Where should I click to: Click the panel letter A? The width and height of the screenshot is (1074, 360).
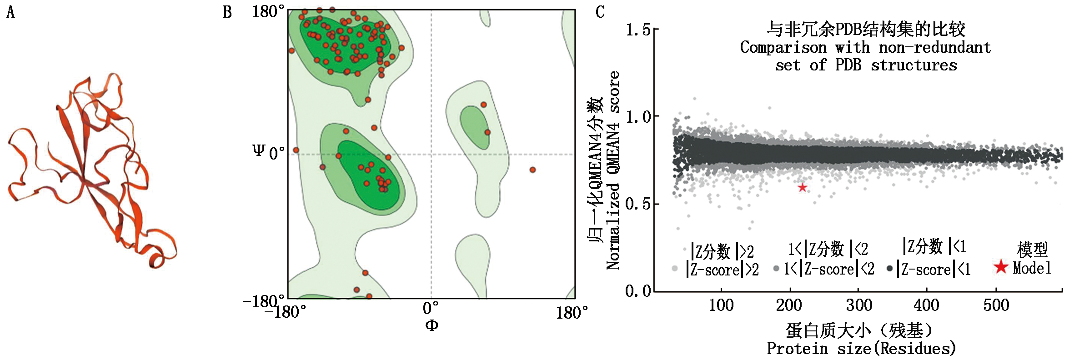[x=10, y=12]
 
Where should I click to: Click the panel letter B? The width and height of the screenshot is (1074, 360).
[x=227, y=12]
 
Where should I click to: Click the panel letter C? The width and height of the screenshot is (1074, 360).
[x=600, y=12]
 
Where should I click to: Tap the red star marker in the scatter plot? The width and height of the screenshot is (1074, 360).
[x=803, y=187]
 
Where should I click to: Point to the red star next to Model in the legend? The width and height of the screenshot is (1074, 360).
[x=1001, y=267]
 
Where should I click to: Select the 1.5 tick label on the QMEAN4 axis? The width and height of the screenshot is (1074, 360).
[x=637, y=30]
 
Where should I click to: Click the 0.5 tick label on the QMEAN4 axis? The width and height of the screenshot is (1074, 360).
[x=637, y=204]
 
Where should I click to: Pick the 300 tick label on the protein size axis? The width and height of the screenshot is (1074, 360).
[x=858, y=305]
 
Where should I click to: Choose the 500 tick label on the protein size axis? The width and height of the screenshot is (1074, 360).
[x=996, y=305]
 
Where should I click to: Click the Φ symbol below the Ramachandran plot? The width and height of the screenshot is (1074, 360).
[x=432, y=325]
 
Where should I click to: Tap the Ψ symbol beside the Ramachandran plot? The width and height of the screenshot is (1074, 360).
[x=258, y=150]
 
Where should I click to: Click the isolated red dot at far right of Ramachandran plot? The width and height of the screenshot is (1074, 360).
[x=532, y=170]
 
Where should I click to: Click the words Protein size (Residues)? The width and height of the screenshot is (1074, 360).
[x=861, y=349]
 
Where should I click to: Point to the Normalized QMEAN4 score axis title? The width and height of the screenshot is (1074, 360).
[x=613, y=170]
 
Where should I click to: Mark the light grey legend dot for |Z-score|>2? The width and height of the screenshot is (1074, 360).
[x=675, y=269]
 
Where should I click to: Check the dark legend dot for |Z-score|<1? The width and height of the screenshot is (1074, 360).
[x=889, y=268]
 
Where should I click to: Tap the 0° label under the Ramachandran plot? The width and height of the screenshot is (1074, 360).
[x=431, y=308]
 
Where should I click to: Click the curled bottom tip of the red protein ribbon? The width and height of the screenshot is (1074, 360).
[x=157, y=261]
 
